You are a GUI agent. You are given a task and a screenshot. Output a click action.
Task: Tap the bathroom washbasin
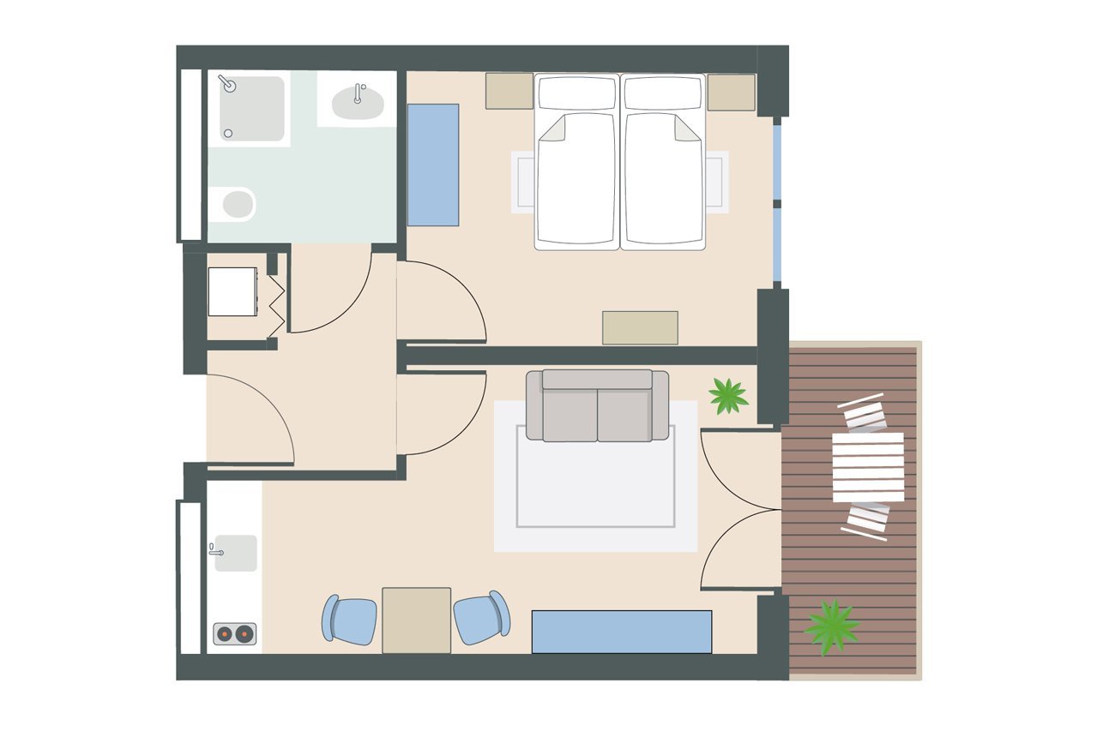pos(357,102)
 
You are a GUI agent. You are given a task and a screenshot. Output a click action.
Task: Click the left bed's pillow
pos(576,93)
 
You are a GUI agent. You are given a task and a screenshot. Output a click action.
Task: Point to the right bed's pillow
pos(662,93)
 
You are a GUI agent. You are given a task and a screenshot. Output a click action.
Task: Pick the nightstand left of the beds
pos(509,91)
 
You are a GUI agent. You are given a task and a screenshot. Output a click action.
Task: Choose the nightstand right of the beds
pos(732,92)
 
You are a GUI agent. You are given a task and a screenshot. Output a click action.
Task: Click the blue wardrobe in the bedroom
pos(432,165)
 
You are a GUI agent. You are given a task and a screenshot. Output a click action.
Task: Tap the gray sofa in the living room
pos(597,405)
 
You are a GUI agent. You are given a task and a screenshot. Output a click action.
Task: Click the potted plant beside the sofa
pos(728,396)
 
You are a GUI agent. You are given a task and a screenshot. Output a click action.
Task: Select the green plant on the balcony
pos(831,626)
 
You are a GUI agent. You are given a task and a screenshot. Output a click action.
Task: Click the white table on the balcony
pos(868,467)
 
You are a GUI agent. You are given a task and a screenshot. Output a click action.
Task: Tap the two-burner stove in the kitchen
pos(234,634)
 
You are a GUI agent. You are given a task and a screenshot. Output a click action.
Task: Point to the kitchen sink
pos(235,553)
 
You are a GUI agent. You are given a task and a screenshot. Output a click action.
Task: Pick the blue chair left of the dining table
pos(350,620)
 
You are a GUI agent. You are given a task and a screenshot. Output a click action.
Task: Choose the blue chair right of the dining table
pos(481,618)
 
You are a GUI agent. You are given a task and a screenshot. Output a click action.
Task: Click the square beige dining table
pos(416,620)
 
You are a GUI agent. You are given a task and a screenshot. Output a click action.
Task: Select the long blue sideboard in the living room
pos(621,632)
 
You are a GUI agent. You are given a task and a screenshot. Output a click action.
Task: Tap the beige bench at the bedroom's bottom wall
pos(640,327)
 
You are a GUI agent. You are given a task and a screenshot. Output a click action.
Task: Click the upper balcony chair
pos(863,413)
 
